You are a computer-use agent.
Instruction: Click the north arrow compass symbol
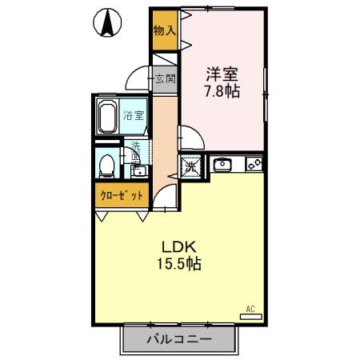point(106,22)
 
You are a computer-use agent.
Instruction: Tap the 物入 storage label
point(164,30)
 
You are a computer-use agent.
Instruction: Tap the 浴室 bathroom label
point(134,114)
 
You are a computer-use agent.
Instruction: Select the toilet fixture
point(105,166)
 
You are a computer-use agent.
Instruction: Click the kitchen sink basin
point(222,166)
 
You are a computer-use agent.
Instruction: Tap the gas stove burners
point(254,166)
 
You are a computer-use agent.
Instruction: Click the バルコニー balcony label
point(178,339)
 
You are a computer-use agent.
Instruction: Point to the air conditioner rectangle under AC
point(251,317)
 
